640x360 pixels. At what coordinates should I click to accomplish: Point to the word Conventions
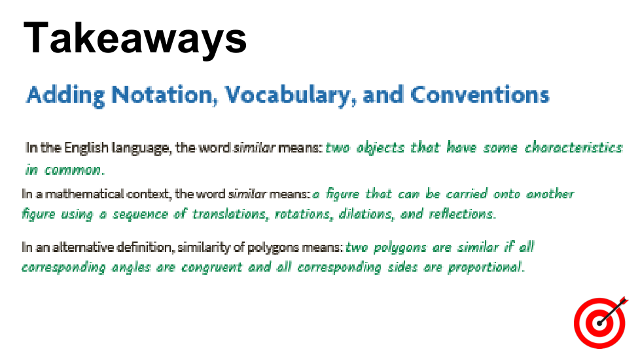pos(480,95)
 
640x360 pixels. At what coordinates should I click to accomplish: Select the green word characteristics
pos(573,147)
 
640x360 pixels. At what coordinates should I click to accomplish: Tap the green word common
pos(73,170)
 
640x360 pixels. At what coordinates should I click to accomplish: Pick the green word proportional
pos(486,267)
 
